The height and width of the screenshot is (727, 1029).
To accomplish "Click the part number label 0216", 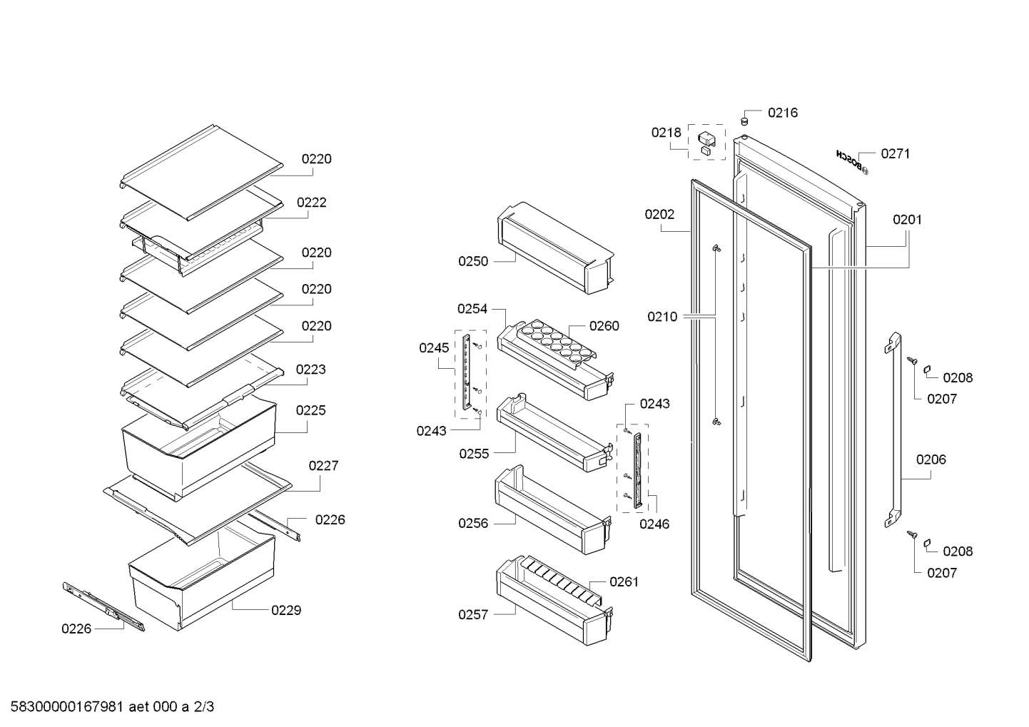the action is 783,113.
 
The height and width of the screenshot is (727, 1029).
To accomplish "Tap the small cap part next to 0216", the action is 744,121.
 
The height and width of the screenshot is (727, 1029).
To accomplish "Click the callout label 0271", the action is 896,153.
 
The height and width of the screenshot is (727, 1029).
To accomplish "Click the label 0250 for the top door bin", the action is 473,261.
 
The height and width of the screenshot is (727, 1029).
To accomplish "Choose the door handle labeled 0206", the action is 893,430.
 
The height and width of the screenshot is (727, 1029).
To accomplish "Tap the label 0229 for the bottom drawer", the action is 286,610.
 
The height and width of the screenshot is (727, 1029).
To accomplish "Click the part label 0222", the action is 311,203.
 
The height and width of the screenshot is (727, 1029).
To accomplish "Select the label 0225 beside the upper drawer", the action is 310,410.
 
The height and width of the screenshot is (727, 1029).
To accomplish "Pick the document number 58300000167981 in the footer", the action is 67,707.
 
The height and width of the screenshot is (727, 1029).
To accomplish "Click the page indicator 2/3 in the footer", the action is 204,707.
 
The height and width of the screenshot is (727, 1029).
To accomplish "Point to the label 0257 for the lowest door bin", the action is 473,614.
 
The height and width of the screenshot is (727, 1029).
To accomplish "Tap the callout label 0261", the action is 624,582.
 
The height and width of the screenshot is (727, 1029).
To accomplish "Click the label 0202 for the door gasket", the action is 659,215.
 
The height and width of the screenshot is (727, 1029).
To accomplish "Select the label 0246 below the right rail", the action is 654,524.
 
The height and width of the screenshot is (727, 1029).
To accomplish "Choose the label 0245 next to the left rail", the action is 434,348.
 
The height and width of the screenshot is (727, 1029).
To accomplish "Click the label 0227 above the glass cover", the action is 323,466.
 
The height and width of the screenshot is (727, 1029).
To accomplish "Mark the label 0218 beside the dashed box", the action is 666,133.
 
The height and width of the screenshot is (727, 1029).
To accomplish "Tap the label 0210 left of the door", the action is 662,317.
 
